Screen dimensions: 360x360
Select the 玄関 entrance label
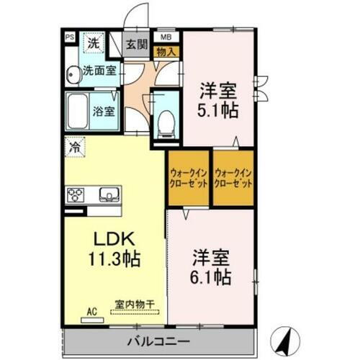(137, 44)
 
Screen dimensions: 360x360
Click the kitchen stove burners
(76, 194)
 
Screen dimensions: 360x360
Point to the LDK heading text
(111, 240)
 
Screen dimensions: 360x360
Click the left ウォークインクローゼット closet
(189, 178)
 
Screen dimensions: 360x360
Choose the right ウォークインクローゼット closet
(233, 178)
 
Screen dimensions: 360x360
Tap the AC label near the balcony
(91, 311)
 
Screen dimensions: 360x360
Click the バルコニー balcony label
(159, 340)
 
